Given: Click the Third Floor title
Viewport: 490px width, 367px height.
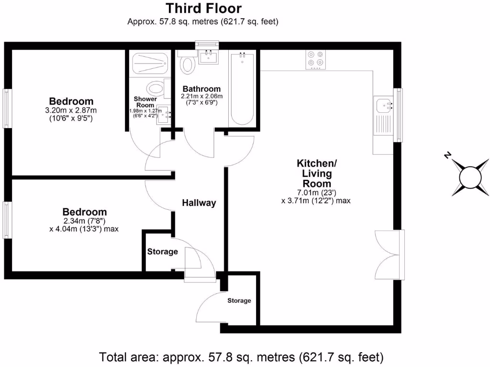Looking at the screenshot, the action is click(x=203, y=9).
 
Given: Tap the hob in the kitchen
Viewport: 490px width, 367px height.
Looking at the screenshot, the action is click(x=315, y=59).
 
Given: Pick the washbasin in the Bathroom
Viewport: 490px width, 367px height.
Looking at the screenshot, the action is click(x=209, y=57).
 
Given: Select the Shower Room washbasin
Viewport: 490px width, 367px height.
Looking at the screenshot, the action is click(x=165, y=115).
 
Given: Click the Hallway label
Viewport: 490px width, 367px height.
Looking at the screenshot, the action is click(x=199, y=203).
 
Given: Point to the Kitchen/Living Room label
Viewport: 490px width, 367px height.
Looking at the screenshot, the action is click(x=317, y=173).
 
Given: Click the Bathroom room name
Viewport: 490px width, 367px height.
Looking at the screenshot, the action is click(x=201, y=89).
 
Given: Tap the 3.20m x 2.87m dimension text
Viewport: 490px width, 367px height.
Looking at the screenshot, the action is click(x=71, y=110).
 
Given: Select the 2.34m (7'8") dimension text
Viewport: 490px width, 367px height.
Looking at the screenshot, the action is click(x=84, y=221).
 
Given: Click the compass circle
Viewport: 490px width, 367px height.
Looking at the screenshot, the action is click(x=470, y=177).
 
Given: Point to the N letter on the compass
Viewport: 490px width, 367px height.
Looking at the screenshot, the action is click(x=448, y=155).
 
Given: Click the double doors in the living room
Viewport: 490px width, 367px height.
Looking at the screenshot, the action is click(x=390, y=255).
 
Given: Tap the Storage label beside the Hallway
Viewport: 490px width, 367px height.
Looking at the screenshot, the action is click(x=163, y=251).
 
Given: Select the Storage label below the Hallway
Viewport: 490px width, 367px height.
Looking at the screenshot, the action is click(x=239, y=301).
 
